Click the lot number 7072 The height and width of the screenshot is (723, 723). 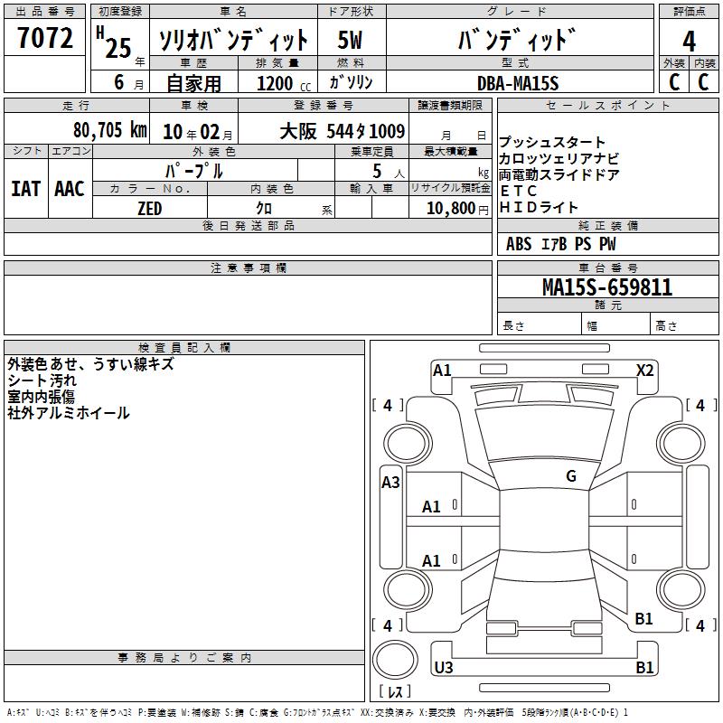[x=45, y=38]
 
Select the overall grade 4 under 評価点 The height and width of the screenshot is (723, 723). [x=689, y=42]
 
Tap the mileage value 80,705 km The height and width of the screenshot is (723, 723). [x=110, y=130]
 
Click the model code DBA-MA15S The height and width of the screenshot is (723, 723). [x=518, y=83]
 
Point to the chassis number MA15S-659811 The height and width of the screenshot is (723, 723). [x=607, y=287]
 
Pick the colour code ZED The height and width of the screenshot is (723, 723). [x=150, y=209]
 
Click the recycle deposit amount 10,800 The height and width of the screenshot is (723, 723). [x=451, y=209]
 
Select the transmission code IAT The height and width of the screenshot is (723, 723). [x=26, y=189]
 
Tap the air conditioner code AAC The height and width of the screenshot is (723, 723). [x=70, y=189]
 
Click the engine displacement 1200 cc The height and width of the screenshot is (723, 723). [x=284, y=83]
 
